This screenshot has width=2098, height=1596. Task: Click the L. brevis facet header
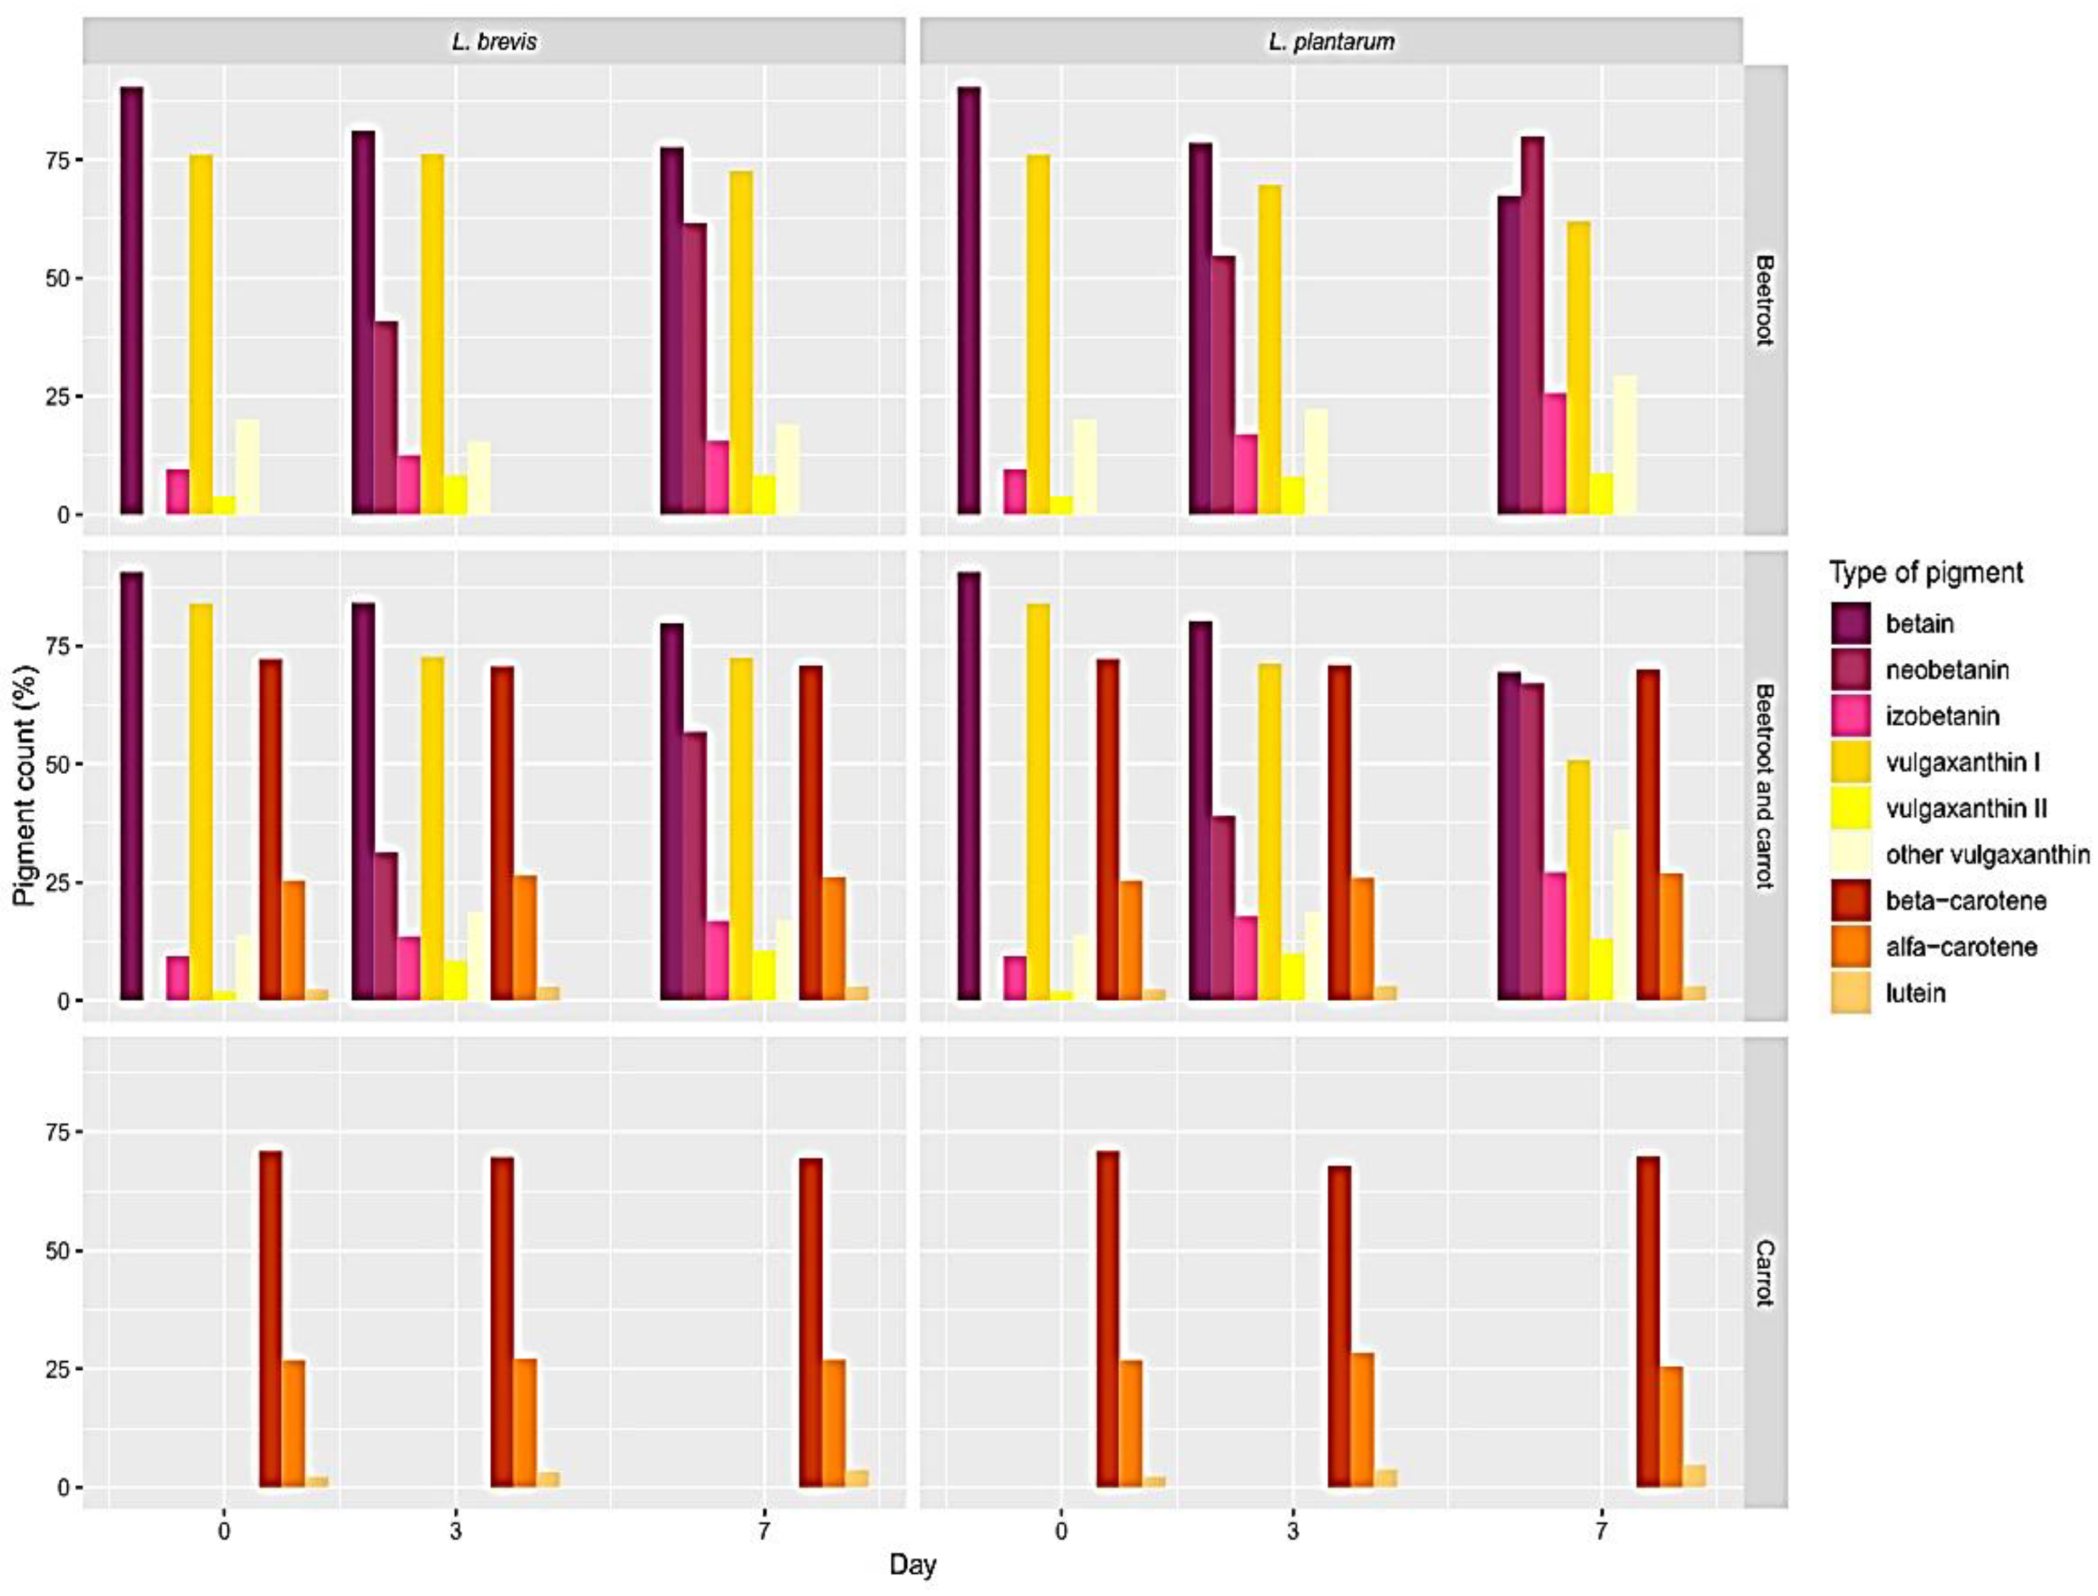[493, 42]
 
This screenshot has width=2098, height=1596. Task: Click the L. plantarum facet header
[1331, 42]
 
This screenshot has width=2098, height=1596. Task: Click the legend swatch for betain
[1850, 623]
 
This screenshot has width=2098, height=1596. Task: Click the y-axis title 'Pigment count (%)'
[27, 786]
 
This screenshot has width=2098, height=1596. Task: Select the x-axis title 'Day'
[912, 1564]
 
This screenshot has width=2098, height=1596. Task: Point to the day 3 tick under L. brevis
[456, 1531]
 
